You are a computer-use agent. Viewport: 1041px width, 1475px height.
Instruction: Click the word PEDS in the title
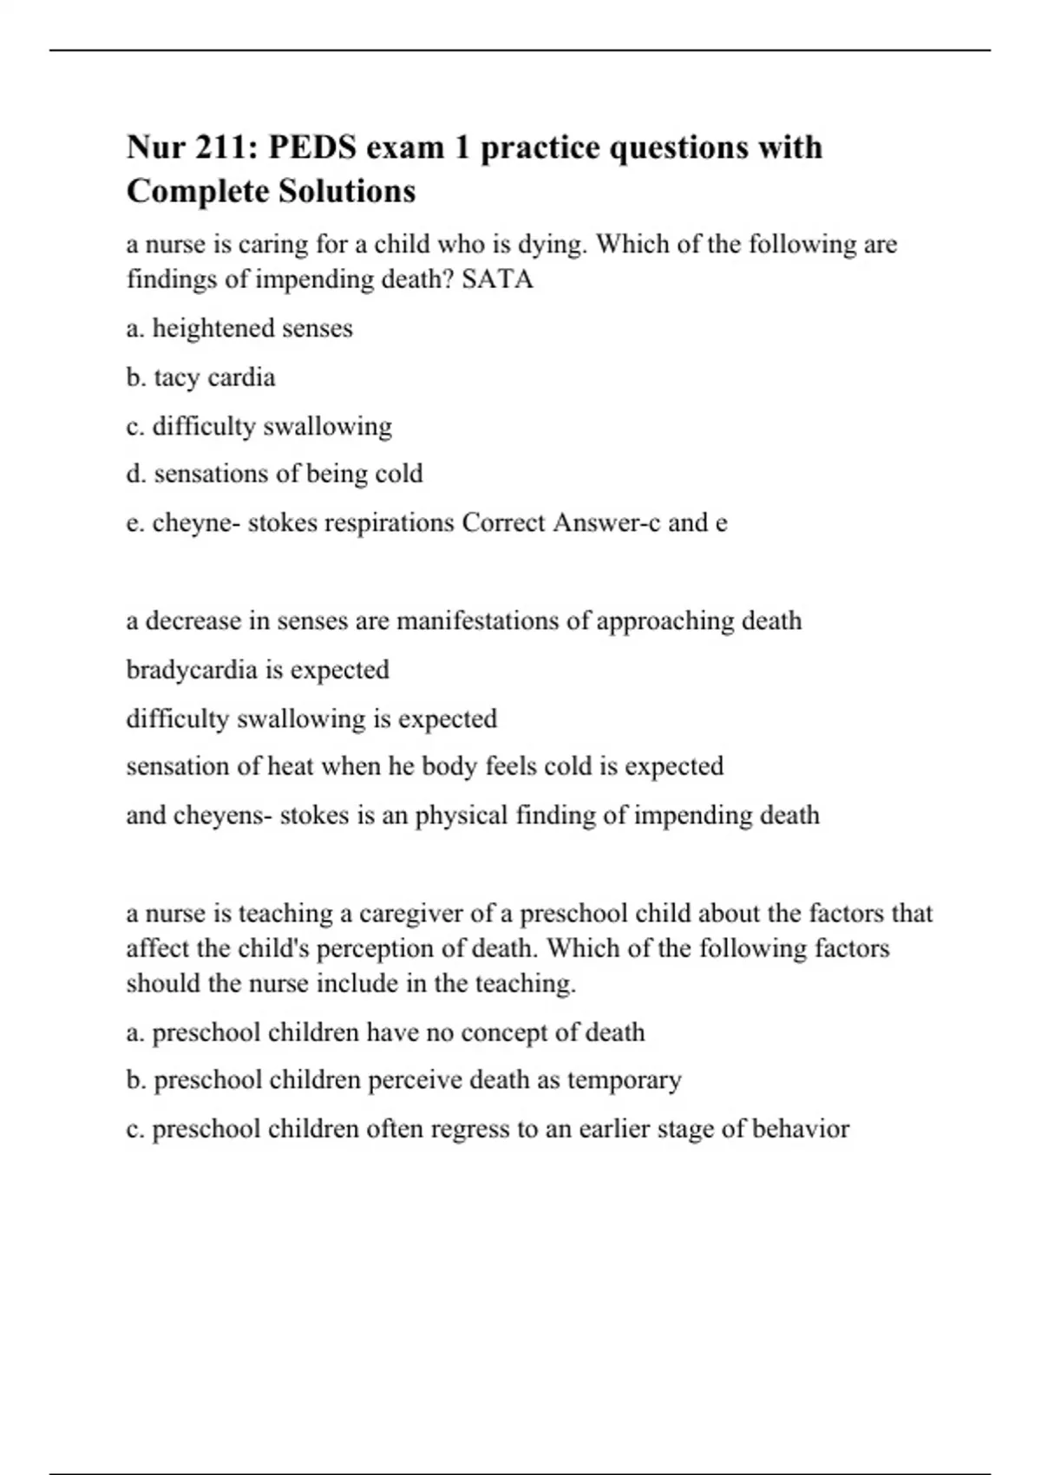pyautogui.click(x=311, y=147)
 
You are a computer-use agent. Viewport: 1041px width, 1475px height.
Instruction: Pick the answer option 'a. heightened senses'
pyautogui.click(x=239, y=329)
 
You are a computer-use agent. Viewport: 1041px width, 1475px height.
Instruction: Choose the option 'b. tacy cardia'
pyautogui.click(x=201, y=377)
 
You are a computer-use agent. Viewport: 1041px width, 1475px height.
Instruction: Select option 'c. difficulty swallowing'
pyautogui.click(x=259, y=426)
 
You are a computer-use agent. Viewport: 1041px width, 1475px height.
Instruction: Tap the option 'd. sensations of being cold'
pyautogui.click(x=275, y=474)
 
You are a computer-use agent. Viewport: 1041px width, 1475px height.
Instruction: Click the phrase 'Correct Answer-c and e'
pyautogui.click(x=594, y=522)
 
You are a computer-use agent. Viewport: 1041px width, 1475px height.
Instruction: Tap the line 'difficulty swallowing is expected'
pyautogui.click(x=311, y=718)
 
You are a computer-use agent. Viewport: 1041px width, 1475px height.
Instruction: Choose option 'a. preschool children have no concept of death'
pyautogui.click(x=386, y=1032)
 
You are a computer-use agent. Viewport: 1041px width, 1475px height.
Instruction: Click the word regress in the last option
pyautogui.click(x=471, y=1129)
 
